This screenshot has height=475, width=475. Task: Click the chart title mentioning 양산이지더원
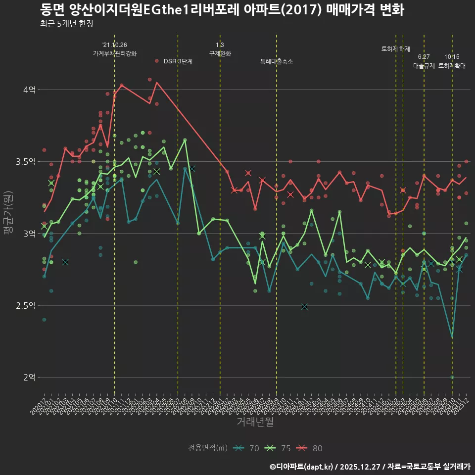pos(222,10)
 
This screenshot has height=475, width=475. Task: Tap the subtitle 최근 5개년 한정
pos(66,24)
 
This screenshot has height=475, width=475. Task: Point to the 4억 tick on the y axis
pos(29,90)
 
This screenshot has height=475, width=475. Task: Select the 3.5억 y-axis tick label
pos(27,162)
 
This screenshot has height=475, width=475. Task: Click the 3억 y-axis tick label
pos(29,234)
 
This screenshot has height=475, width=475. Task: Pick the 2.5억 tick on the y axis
pos(27,305)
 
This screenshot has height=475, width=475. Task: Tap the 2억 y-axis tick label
pos(29,377)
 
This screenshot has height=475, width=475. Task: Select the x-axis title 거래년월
pos(255,422)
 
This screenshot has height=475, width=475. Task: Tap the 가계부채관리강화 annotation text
pos(114,53)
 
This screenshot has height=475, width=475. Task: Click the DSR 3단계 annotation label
pos(178,61)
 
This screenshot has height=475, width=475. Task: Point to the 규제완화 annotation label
pos(220,53)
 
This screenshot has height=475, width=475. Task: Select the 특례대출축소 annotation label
pos(277,61)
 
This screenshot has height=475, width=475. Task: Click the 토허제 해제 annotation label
pos(396,49)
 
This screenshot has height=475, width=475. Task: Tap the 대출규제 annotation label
pos(424,65)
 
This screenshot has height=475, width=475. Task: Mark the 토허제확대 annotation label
pos(452,65)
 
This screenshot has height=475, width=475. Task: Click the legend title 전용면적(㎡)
pos(208,448)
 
